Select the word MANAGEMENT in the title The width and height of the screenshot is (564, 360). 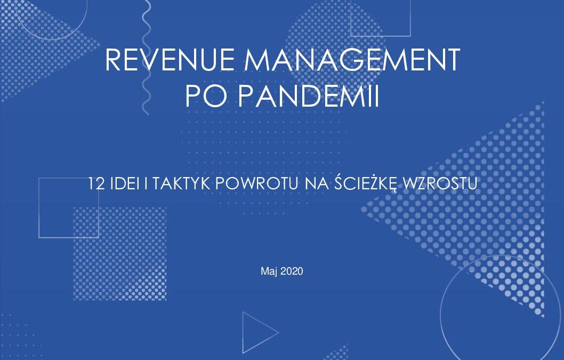352,59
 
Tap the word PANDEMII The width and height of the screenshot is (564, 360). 308,96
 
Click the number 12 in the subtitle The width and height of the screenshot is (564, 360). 96,183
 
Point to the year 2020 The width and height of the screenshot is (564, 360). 292,271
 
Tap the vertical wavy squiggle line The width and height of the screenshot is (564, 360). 146,58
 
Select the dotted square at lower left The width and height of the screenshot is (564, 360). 120,254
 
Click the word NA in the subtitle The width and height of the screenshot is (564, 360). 317,183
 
